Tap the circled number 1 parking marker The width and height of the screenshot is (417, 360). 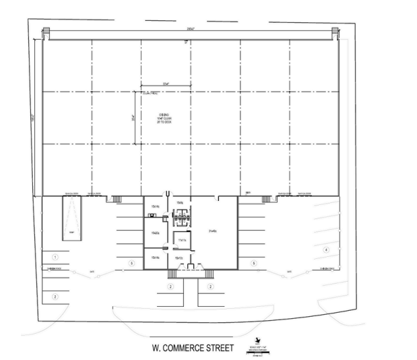(x=56, y=257)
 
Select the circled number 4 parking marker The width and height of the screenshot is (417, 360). (x=326, y=250)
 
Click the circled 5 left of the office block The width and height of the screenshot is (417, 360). (x=132, y=262)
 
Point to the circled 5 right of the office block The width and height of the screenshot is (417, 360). (x=253, y=262)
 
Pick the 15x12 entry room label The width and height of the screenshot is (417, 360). (x=179, y=258)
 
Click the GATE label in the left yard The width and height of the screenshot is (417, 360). (x=91, y=272)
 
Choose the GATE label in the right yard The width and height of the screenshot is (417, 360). (x=288, y=272)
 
